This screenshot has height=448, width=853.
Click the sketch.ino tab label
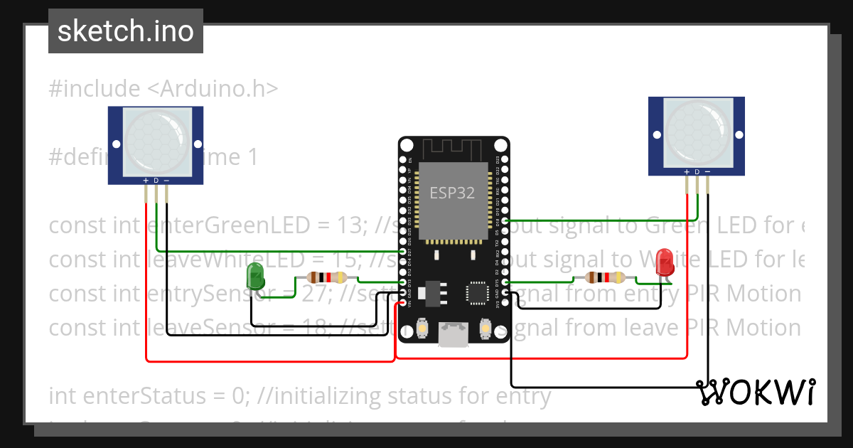126,31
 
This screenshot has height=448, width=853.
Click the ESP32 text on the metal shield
452,193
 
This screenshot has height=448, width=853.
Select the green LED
254,277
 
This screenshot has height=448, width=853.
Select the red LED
665,260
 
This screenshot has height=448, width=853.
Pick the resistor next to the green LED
326,278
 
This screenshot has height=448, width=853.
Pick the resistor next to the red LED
604,278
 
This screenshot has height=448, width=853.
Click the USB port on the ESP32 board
454,336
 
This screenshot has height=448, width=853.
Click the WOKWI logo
756,392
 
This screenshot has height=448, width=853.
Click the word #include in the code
95,89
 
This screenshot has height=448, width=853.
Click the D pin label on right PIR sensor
697,172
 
